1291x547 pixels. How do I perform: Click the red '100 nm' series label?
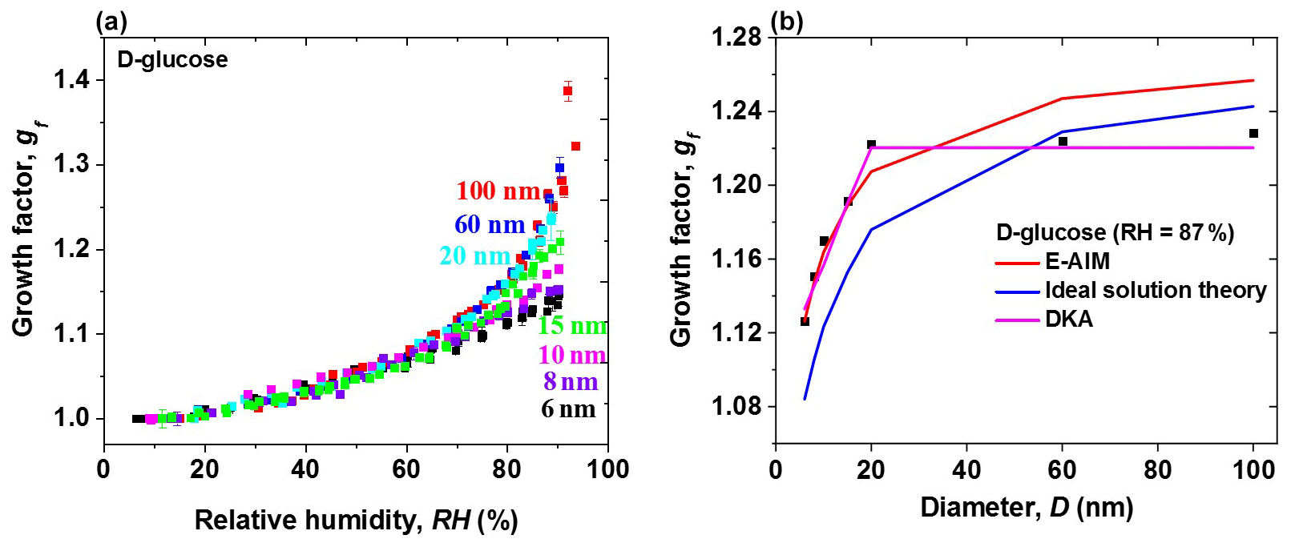click(498, 191)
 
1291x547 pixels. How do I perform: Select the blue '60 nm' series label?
click(490, 225)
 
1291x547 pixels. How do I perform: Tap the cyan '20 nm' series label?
click(474, 256)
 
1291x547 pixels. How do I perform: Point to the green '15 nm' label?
click(571, 326)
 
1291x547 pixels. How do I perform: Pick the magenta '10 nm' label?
click(571, 355)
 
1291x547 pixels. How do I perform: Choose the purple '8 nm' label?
click(571, 382)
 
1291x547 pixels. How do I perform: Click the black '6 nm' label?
click(568, 410)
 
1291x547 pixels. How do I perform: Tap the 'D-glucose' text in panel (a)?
click(172, 60)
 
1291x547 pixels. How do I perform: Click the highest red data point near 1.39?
click(567, 90)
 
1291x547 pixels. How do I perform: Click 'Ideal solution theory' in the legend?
click(1156, 290)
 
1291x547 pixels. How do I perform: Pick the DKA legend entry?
click(1068, 319)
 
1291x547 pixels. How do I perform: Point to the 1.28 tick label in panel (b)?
click(736, 38)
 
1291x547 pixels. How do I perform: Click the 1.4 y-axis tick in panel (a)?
click(71, 80)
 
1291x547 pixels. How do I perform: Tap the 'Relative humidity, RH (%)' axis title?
click(356, 521)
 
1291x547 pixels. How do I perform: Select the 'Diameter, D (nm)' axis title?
click(1026, 508)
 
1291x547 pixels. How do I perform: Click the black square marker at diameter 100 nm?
click(1253, 134)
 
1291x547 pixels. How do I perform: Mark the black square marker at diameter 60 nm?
click(1063, 142)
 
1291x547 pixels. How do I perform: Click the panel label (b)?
click(786, 22)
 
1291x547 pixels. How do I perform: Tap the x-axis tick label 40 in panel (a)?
click(305, 470)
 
